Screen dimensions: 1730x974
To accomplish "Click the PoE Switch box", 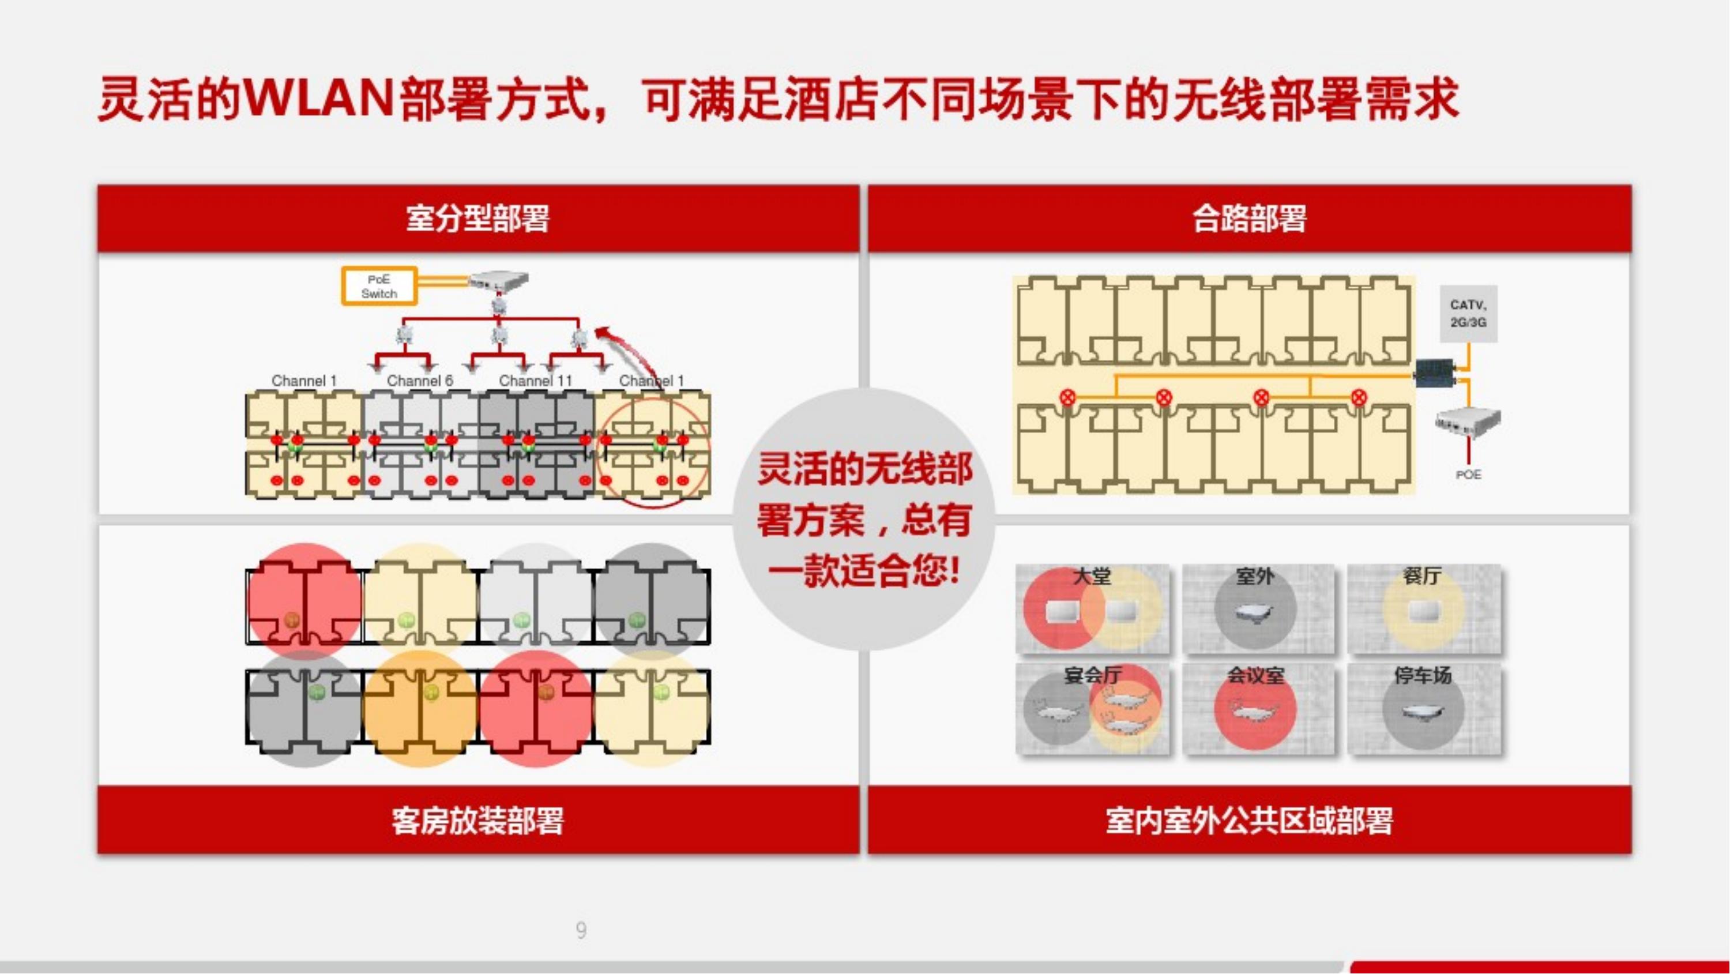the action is [x=379, y=286].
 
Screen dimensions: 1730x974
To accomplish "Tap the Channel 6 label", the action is [x=420, y=381].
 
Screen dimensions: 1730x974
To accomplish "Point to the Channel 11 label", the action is [x=535, y=381].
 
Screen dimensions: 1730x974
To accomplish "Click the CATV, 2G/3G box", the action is [x=1468, y=314].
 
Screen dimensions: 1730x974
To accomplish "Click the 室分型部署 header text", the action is [x=477, y=219].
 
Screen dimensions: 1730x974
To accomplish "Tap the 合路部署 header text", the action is [x=1249, y=219].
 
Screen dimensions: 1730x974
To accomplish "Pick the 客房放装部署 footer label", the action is [x=477, y=820].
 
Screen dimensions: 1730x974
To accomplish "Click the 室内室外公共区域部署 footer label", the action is [x=1249, y=820].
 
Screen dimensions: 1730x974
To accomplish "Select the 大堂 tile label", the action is [x=1092, y=576].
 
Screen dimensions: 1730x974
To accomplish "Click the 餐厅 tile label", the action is [x=1421, y=576].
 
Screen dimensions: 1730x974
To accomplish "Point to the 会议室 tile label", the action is [x=1256, y=675].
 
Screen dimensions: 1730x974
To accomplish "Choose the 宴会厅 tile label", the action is [x=1093, y=675].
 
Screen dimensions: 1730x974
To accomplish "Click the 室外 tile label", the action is [x=1255, y=576].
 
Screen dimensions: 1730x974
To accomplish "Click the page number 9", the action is [x=581, y=930].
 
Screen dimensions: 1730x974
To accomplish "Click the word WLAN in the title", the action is [x=319, y=98].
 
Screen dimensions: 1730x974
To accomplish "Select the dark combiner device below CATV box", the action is [x=1435, y=373].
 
